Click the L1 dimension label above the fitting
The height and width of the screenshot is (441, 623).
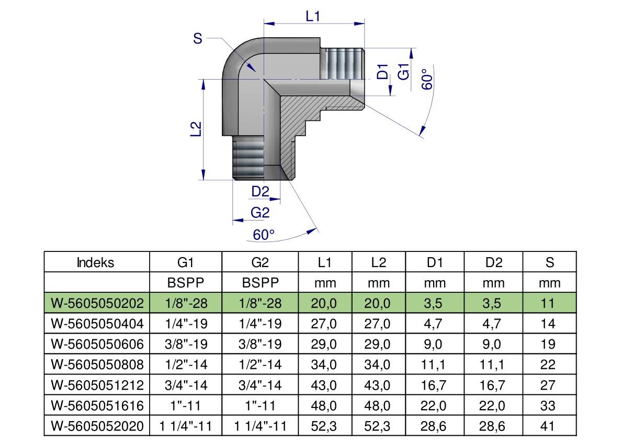click(313, 16)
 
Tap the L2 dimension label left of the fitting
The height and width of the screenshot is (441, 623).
click(196, 129)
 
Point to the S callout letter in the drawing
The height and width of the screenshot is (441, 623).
click(198, 39)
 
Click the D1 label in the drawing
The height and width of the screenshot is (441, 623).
click(382, 72)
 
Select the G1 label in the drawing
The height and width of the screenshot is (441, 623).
click(403, 72)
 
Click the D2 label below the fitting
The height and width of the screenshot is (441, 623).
click(260, 192)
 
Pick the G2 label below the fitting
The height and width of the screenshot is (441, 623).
click(260, 213)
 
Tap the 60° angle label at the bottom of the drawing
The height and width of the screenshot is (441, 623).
click(264, 235)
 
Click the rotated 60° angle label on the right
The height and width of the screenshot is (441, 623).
click(427, 79)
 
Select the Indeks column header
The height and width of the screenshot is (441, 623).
click(95, 262)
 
